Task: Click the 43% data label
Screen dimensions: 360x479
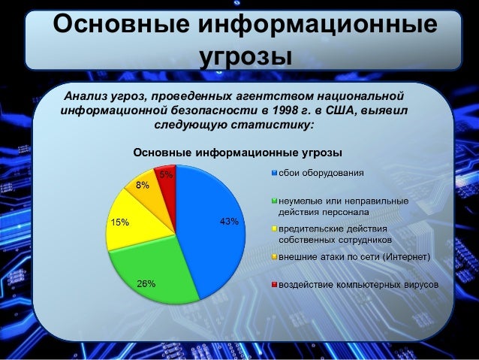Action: coord(228,222)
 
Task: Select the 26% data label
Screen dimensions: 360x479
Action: coord(146,283)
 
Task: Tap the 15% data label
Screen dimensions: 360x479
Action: coord(119,222)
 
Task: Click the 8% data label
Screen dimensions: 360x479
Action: coord(142,184)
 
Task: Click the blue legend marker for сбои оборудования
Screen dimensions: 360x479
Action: coord(275,174)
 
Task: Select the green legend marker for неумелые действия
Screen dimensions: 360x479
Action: coord(275,201)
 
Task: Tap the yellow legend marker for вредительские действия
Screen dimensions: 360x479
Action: coord(275,229)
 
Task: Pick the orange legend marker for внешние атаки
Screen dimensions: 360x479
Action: coord(275,258)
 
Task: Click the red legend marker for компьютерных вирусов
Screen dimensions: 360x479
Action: coord(275,286)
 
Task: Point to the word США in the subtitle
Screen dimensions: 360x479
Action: coord(342,110)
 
